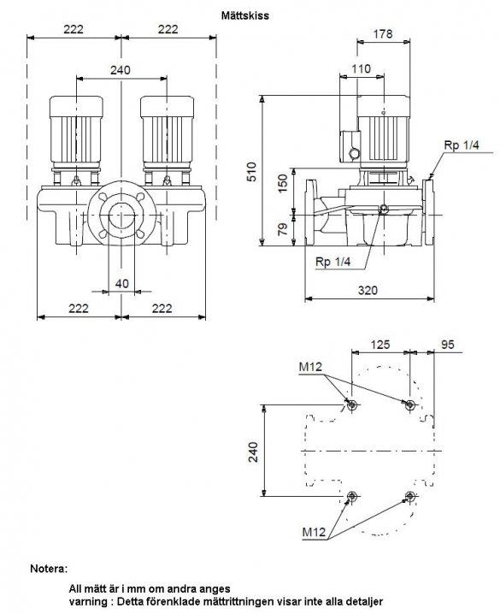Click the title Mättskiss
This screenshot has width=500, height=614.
pos(245,15)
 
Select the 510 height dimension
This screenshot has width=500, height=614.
pos(253,172)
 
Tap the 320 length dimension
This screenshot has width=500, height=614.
pos(368,290)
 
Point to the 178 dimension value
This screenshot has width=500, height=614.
pos(382,34)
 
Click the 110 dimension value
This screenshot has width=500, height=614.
pos(361,69)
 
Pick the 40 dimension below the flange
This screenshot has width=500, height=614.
pos(121,283)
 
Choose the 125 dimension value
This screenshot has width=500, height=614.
pos(380,345)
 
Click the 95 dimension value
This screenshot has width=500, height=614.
pos(448,345)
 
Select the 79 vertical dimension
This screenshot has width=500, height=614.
pos(282,229)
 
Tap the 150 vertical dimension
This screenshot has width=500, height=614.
pos(282,183)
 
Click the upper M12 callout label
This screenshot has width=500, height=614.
pos(310,367)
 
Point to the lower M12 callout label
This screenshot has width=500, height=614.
pos(314,532)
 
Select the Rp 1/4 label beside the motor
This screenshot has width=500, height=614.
pos(462,145)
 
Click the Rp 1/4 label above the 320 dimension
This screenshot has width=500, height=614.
pos(333,262)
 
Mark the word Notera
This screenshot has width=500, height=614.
pos(49,569)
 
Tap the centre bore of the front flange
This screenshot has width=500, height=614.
pos(121,215)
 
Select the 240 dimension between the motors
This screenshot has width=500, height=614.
pos(121,70)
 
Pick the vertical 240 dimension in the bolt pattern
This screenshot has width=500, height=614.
pos(254,452)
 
